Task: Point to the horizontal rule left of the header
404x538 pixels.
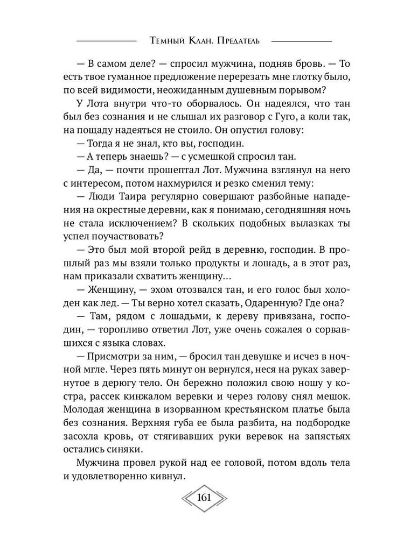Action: pyautogui.click(x=106, y=41)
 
